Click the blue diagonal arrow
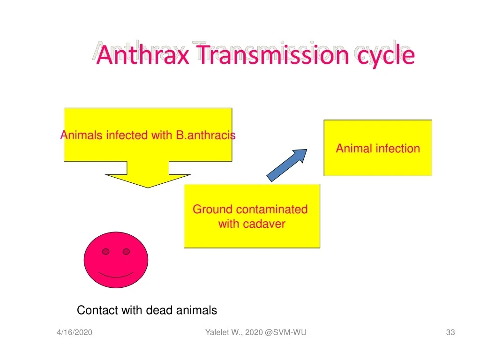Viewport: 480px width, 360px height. point(286,165)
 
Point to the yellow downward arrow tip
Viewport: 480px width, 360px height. point(148,187)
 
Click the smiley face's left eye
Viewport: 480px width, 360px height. point(105,252)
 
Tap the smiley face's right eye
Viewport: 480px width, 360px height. point(126,252)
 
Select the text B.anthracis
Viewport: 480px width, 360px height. point(206,135)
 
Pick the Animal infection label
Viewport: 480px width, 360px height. point(378,149)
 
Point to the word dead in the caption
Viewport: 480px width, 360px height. point(159,310)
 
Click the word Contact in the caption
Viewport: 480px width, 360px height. point(97,310)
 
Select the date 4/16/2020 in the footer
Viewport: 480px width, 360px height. point(75,332)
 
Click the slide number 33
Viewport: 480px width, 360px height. point(450,332)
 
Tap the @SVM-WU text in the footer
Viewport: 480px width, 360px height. point(285,332)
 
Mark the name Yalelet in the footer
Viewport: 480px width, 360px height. point(217,332)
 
